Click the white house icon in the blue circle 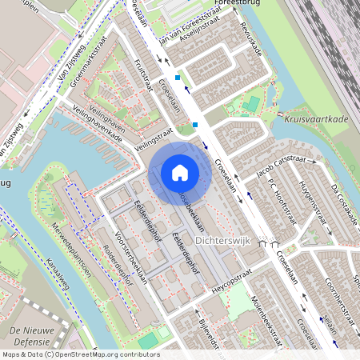[179, 173]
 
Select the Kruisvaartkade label [316, 118]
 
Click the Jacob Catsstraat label [282, 170]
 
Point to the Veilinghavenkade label [97, 126]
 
